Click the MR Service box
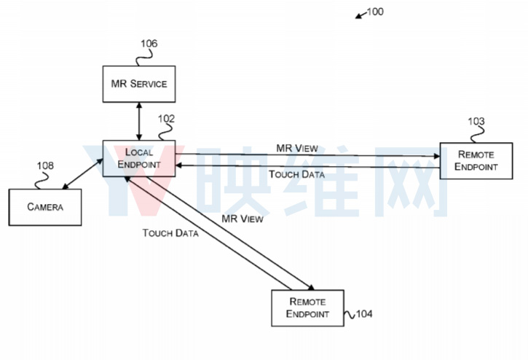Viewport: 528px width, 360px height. (139, 84)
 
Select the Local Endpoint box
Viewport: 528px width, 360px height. (139, 158)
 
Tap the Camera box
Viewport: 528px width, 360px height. (45, 207)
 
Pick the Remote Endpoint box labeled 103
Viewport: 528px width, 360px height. (476, 161)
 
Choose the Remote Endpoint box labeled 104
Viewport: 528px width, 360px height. (308, 308)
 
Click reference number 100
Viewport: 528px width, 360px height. (375, 12)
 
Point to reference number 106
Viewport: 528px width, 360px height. (149, 44)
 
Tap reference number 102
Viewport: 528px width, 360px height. (166, 119)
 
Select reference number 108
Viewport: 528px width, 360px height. (45, 165)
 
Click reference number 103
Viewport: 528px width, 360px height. (476, 121)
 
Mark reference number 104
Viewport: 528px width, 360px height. (364, 314)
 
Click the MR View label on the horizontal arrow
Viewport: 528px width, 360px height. (297, 149)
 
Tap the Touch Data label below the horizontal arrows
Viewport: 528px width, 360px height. (296, 174)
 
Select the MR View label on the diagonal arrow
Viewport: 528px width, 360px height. (243, 219)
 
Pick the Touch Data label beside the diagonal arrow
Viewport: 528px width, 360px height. (170, 233)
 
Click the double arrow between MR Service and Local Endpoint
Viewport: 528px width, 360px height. (139, 122)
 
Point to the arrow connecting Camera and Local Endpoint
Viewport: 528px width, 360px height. (82, 173)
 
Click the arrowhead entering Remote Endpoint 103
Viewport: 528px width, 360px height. (437, 156)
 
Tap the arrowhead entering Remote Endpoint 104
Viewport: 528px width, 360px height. (311, 287)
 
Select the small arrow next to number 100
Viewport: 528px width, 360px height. (361, 15)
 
